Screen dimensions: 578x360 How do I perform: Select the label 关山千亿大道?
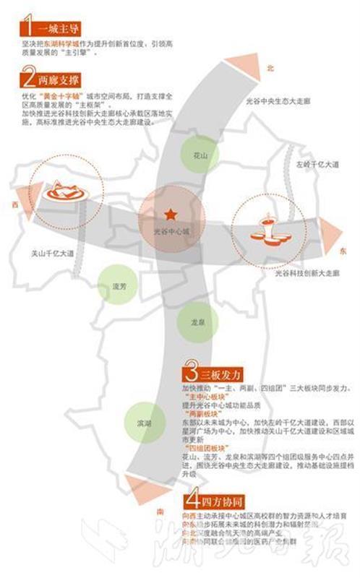click(53, 254)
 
